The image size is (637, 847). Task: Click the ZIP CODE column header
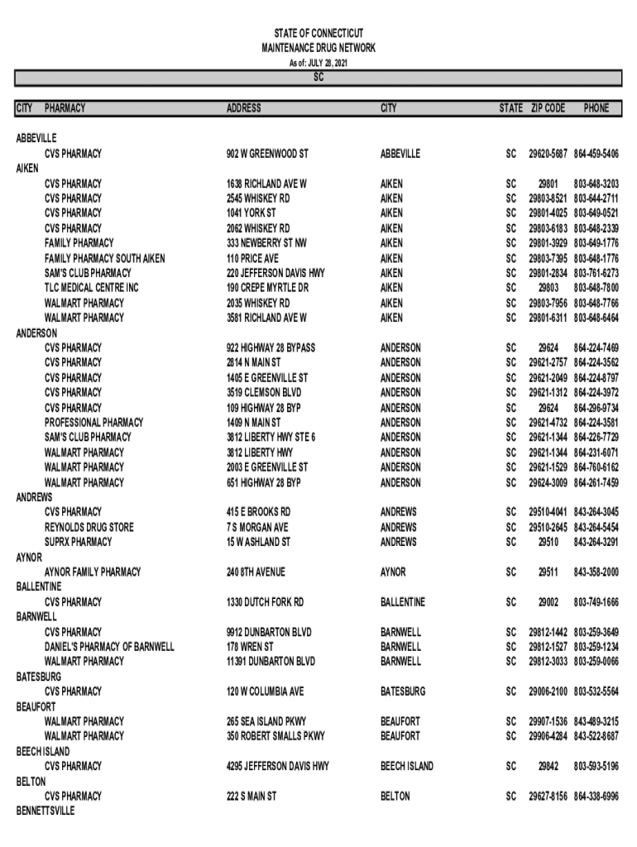coord(548,108)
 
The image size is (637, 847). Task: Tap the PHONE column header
coord(596,108)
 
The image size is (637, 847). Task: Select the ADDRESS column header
coord(244,108)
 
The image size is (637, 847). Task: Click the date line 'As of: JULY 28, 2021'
coord(318,63)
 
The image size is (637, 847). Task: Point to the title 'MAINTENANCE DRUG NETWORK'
coord(318,48)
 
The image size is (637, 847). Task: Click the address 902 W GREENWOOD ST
coord(267,154)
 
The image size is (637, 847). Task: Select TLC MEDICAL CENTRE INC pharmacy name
coord(92,288)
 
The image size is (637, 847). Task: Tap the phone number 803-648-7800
coord(596,288)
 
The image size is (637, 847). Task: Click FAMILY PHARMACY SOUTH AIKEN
coord(104,258)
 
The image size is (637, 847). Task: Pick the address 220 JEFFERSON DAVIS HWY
coord(275,273)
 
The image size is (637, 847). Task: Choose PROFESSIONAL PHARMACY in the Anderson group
coord(93,423)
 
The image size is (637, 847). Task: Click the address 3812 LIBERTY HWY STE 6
coord(271,438)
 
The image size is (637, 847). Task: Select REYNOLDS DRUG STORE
coord(89,527)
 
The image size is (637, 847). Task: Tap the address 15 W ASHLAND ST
coord(258,542)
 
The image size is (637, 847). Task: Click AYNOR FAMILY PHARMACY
coord(93,572)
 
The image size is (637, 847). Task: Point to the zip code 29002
coord(548,602)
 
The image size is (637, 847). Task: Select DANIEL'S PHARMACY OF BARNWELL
coord(109,647)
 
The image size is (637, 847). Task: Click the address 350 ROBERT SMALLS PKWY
coord(275,736)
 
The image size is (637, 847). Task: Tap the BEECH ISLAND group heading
coord(43,751)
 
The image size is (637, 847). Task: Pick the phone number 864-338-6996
coord(596,796)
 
